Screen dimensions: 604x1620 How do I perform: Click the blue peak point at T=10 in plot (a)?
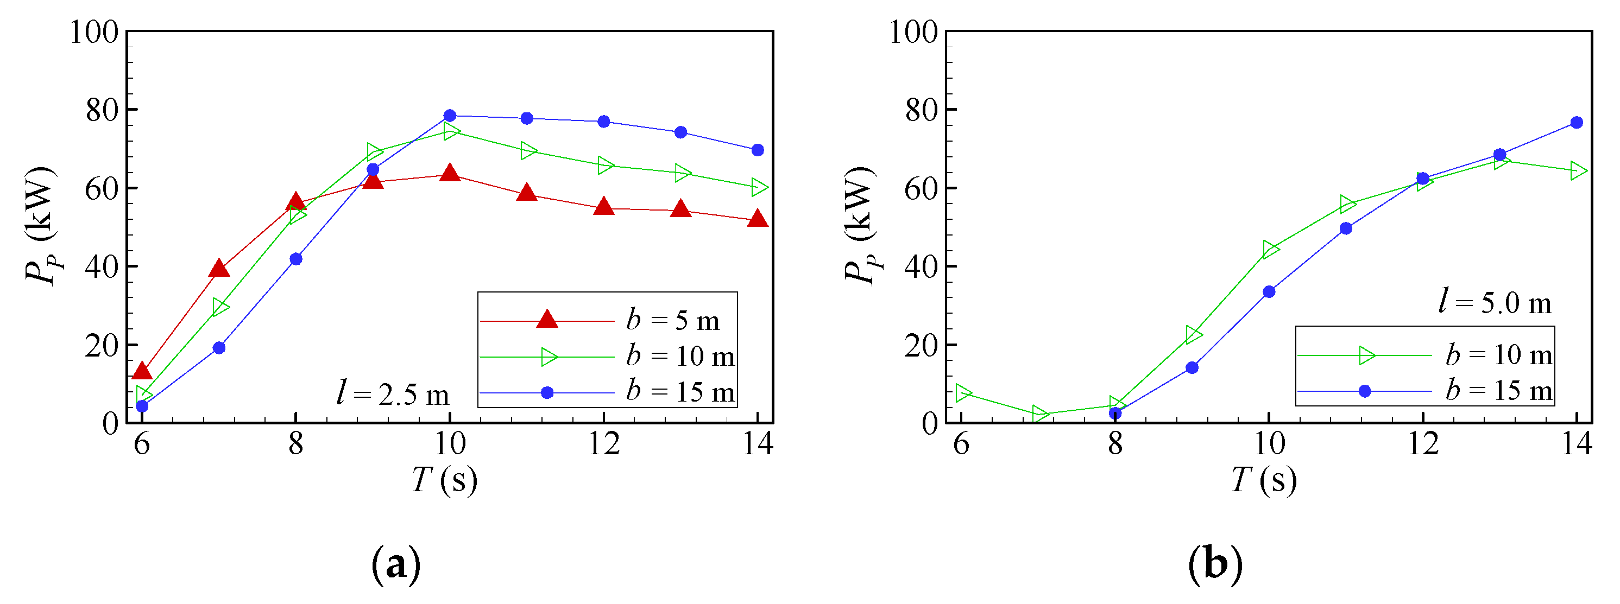point(450,116)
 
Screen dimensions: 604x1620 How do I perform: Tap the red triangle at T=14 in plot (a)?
point(758,219)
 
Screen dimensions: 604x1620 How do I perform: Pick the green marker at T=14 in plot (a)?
point(759,187)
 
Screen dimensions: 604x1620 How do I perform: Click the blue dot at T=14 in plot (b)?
point(1577,123)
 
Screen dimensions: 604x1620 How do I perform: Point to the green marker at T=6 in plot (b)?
point(963,393)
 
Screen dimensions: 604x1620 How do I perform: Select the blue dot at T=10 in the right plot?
point(1269,291)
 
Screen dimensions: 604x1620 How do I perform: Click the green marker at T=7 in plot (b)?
point(1040,414)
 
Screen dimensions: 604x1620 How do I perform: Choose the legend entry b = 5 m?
point(672,321)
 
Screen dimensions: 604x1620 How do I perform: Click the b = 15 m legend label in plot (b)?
point(1499,391)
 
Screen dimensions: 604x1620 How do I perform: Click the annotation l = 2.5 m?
point(393,394)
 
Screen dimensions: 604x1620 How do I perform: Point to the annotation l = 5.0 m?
point(1495,303)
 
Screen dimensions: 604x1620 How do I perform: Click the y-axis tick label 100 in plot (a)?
point(94,31)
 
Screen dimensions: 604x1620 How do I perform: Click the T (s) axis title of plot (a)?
point(444,480)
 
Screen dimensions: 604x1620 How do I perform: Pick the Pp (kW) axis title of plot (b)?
point(860,226)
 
